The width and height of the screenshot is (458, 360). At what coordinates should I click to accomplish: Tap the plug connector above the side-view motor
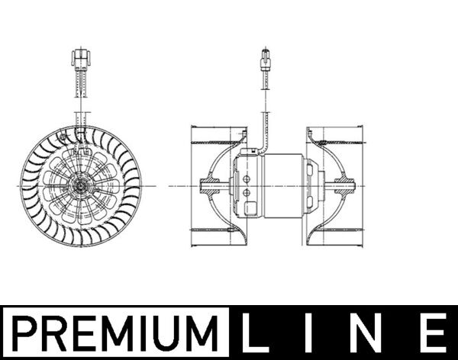(x=266, y=59)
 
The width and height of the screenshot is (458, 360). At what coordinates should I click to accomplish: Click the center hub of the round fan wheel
(x=79, y=185)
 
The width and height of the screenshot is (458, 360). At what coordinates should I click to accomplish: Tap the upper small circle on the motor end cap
(x=248, y=178)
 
